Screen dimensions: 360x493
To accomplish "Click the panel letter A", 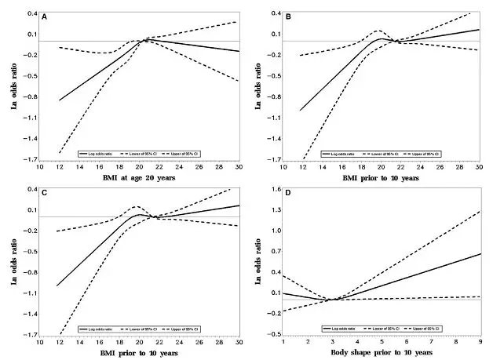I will coord(45,16).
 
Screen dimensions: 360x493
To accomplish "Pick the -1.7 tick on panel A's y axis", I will coord(30,160).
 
